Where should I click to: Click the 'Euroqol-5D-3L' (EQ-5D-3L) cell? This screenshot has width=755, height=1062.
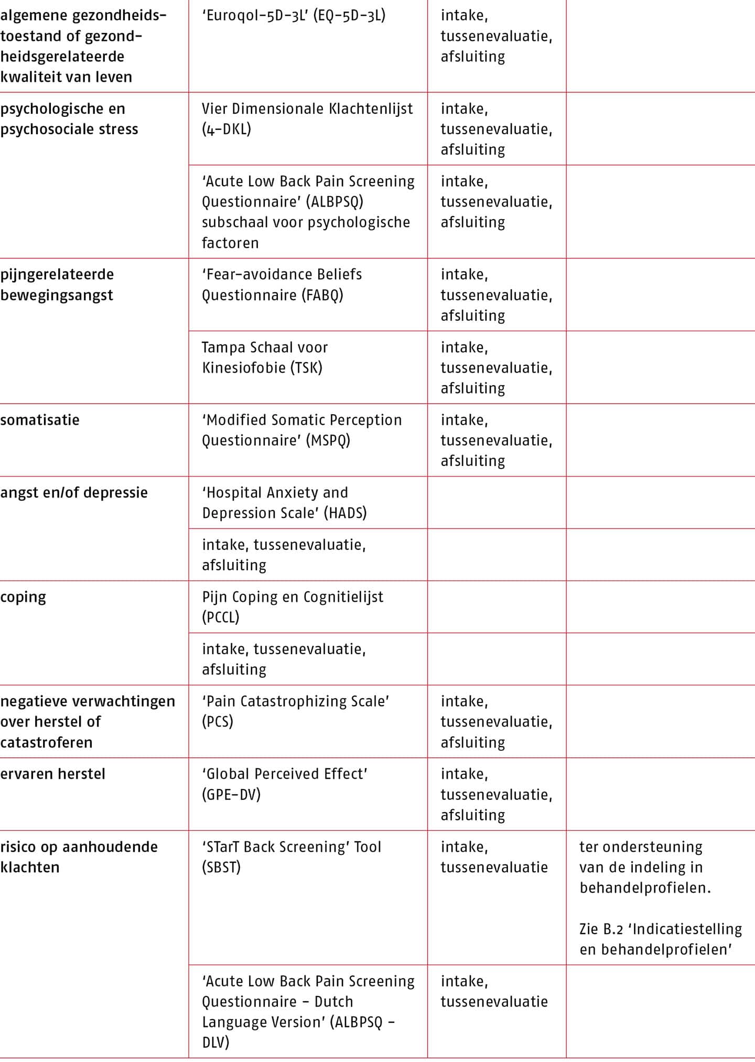[x=294, y=16]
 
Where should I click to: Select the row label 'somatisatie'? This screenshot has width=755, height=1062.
[x=40, y=420]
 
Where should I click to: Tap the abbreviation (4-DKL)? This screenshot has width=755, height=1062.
[x=226, y=129]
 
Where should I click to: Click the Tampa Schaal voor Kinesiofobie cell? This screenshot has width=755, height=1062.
[x=265, y=357]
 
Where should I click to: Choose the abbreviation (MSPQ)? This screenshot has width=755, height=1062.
[x=329, y=440]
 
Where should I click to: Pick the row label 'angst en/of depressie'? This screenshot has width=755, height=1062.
[x=74, y=493]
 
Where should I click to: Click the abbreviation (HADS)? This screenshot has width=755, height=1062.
[x=345, y=513]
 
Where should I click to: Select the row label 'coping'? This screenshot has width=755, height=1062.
[x=23, y=597]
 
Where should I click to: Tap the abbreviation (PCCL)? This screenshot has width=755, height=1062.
[x=221, y=617]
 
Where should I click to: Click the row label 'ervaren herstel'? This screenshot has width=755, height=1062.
[x=52, y=774]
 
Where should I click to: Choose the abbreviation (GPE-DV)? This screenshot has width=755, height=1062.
[x=231, y=795]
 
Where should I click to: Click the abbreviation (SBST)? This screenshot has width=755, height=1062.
[x=221, y=867]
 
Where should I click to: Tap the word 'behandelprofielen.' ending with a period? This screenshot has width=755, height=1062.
[x=645, y=887]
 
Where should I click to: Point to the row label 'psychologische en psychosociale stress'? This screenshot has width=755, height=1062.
[x=69, y=119]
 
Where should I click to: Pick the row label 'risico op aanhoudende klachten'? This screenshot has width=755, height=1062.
[x=79, y=857]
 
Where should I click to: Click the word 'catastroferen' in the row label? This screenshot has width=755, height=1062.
[x=46, y=742]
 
